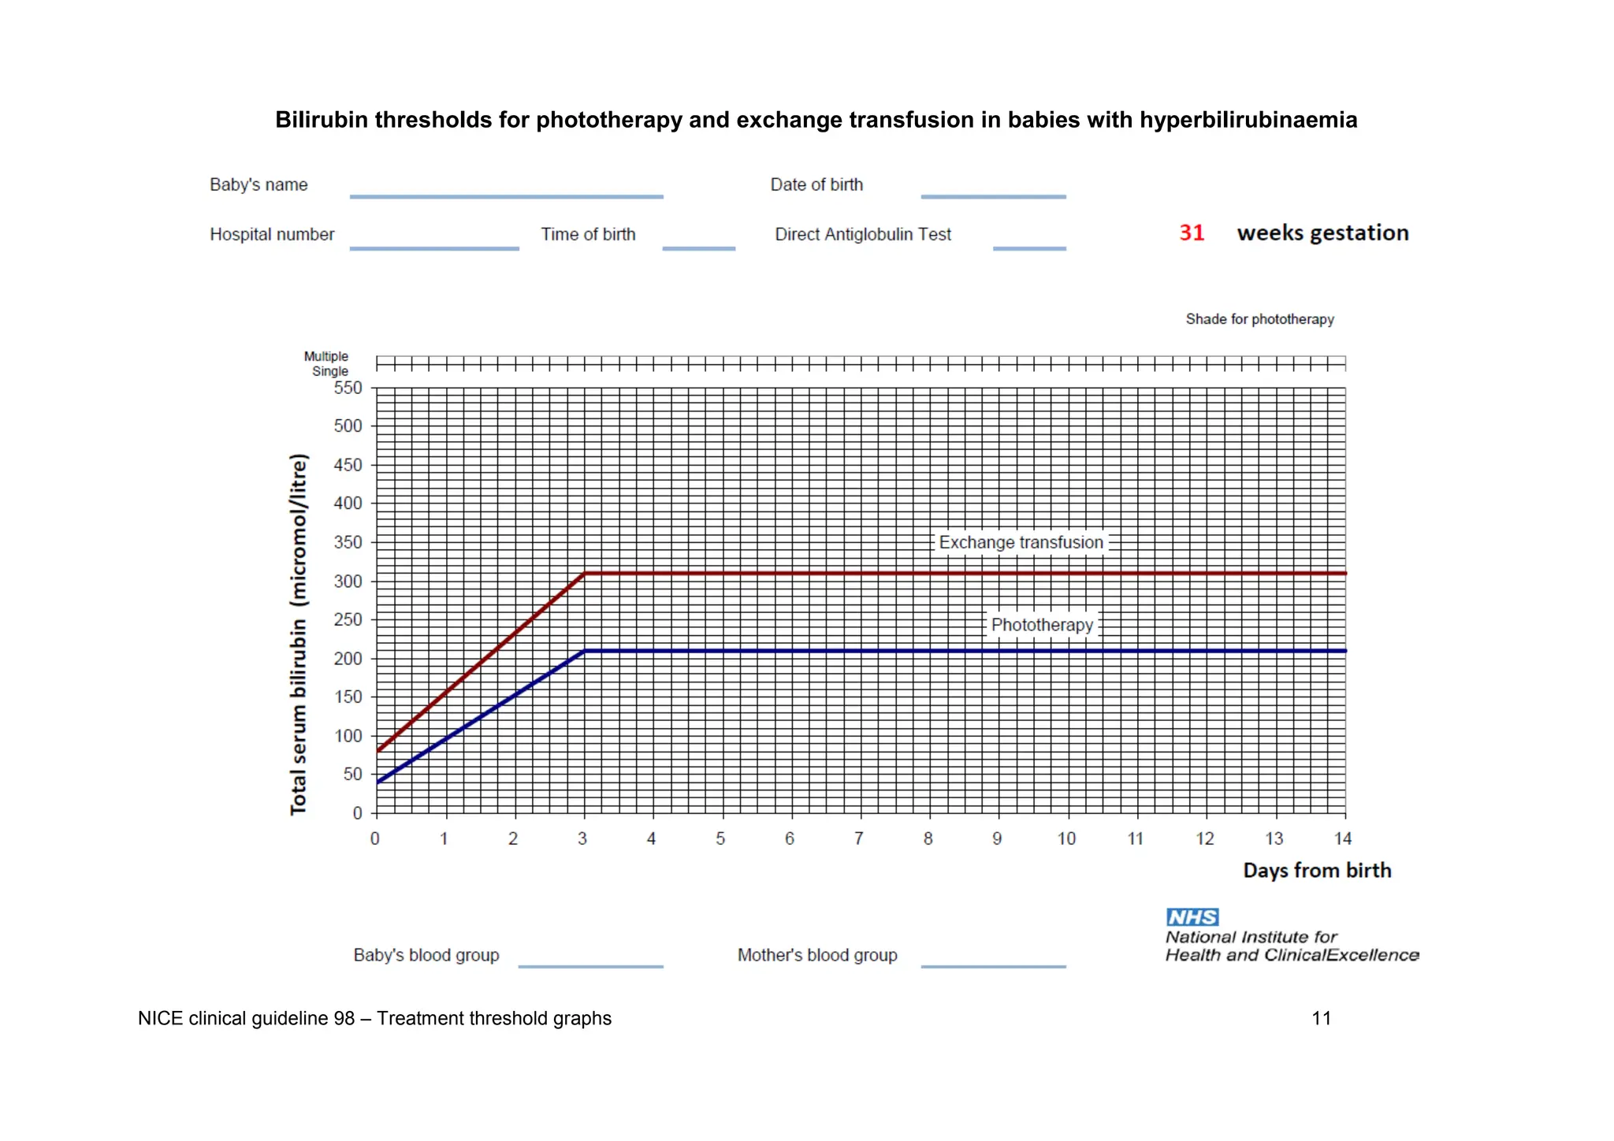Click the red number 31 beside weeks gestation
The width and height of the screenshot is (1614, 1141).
(1192, 233)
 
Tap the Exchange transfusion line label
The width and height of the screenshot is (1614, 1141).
(1021, 543)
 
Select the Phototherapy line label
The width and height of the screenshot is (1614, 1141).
(1042, 625)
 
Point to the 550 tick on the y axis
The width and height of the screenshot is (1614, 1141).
(348, 388)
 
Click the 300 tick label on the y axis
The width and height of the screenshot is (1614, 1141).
(348, 582)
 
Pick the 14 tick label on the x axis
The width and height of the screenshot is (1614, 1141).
(1343, 839)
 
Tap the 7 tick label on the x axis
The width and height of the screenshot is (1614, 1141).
(859, 839)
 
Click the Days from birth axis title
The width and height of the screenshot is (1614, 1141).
(1317, 871)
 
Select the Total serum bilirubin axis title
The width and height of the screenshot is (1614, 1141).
(299, 634)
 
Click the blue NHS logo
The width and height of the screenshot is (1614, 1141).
(1192, 917)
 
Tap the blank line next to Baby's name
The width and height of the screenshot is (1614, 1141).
(506, 195)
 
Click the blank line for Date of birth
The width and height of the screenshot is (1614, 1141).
(993, 195)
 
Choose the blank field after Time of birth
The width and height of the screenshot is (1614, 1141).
(698, 247)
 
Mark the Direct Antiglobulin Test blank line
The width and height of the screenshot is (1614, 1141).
(1029, 247)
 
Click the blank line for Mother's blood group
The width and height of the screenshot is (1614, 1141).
(993, 965)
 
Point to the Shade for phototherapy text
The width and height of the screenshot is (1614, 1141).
(1259, 319)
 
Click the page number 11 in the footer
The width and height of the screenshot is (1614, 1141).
(1322, 1019)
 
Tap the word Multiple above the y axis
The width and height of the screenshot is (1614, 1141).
(325, 356)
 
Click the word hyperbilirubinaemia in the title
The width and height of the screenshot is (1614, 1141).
(1248, 120)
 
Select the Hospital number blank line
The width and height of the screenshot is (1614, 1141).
(434, 247)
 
